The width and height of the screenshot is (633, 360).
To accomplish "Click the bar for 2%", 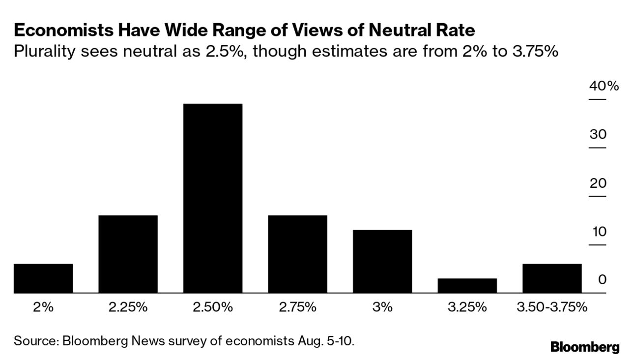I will [x=43, y=278].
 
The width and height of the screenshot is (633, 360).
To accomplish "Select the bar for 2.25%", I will [x=128, y=254].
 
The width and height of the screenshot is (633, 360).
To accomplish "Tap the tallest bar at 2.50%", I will [x=213, y=198].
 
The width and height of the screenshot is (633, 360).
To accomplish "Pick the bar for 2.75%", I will [x=297, y=254].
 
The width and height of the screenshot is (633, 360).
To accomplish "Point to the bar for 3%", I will [x=382, y=261].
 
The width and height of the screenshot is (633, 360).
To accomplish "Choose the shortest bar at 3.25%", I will [x=467, y=285].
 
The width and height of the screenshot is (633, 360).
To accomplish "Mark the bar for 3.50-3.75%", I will [x=552, y=278].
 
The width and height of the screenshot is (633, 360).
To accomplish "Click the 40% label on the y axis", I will [x=604, y=86].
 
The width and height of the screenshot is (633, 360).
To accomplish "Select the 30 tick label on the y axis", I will [x=598, y=134].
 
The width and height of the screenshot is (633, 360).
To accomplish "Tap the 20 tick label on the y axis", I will [x=598, y=183].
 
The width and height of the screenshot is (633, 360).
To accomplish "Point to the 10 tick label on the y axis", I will [x=599, y=231].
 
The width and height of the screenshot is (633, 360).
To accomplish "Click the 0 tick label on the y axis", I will [x=602, y=279].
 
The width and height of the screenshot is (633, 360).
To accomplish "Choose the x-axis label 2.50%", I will [x=213, y=307].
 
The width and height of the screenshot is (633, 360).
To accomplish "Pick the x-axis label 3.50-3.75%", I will [x=552, y=307].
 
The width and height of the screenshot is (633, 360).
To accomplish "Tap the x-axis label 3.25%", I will [x=467, y=307].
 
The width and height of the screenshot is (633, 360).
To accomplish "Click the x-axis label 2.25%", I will [x=128, y=307].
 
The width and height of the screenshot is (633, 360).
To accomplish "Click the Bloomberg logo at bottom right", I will [x=585, y=347].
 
